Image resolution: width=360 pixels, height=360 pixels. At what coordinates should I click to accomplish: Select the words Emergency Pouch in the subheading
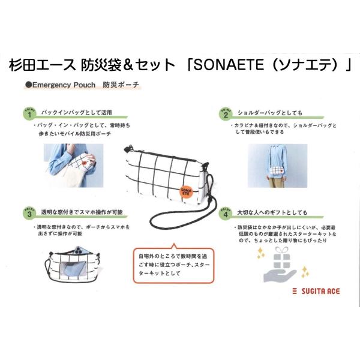(x=63, y=86)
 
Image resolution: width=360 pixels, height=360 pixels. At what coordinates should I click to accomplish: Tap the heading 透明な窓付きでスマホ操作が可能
(x=82, y=213)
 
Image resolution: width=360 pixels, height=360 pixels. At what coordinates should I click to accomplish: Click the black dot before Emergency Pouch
(x=28, y=86)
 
